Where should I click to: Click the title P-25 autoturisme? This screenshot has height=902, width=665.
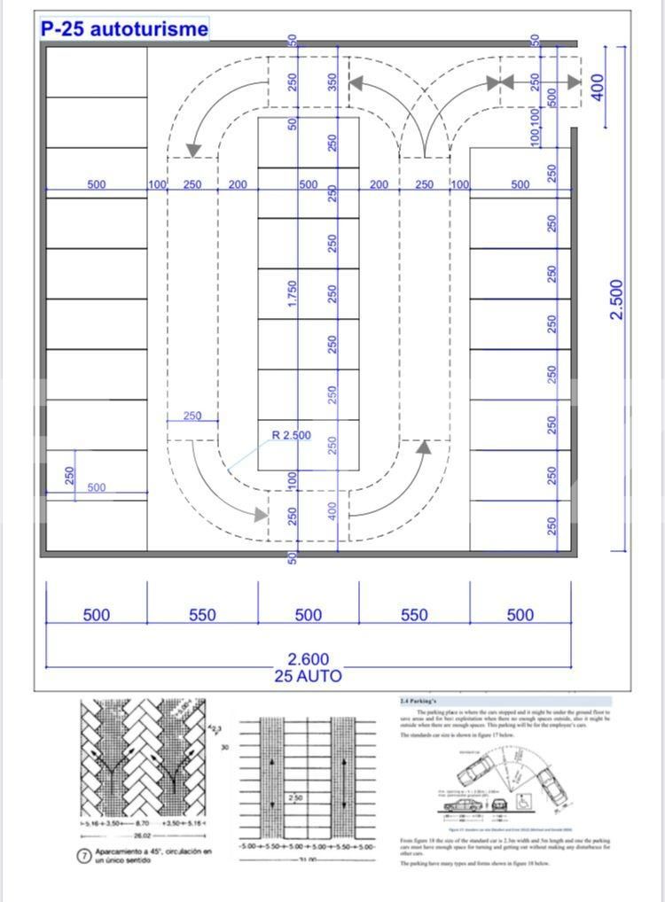point(124,29)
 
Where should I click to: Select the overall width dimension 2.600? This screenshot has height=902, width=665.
point(309,659)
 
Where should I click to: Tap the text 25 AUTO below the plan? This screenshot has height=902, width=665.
point(309,676)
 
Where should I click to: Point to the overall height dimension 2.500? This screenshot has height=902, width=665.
point(618,299)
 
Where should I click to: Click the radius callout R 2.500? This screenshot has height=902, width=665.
point(291,435)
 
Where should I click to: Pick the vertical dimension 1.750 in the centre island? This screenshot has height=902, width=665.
point(293,295)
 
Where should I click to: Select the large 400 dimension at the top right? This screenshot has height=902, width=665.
point(598,87)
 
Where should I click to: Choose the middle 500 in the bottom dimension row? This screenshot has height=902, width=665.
point(309,615)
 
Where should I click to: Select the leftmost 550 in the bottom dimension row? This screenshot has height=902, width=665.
point(202,615)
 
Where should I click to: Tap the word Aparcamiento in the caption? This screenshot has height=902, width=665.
point(122,851)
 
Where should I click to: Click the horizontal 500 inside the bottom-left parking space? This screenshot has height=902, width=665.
point(96,487)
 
